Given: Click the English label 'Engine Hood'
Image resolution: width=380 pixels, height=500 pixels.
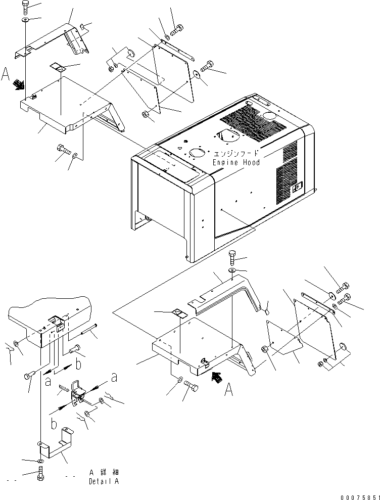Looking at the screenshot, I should (x=236, y=162).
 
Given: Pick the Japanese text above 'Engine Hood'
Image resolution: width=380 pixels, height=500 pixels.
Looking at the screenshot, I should (x=236, y=153).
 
